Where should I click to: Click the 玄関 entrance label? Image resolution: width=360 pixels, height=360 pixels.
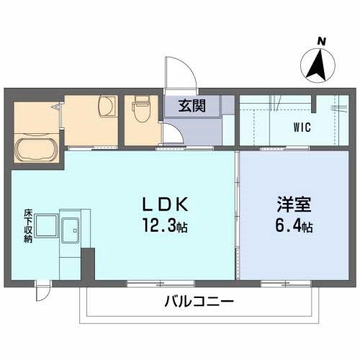pyautogui.click(x=192, y=107)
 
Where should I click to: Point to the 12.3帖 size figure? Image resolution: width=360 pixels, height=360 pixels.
pyautogui.click(x=165, y=228)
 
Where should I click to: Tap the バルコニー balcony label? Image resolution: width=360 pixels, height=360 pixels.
pyautogui.click(x=199, y=301)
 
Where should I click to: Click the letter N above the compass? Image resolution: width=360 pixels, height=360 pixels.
pyautogui.click(x=322, y=41)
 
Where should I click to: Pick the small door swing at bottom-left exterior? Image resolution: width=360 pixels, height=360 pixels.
pyautogui.click(x=45, y=291)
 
